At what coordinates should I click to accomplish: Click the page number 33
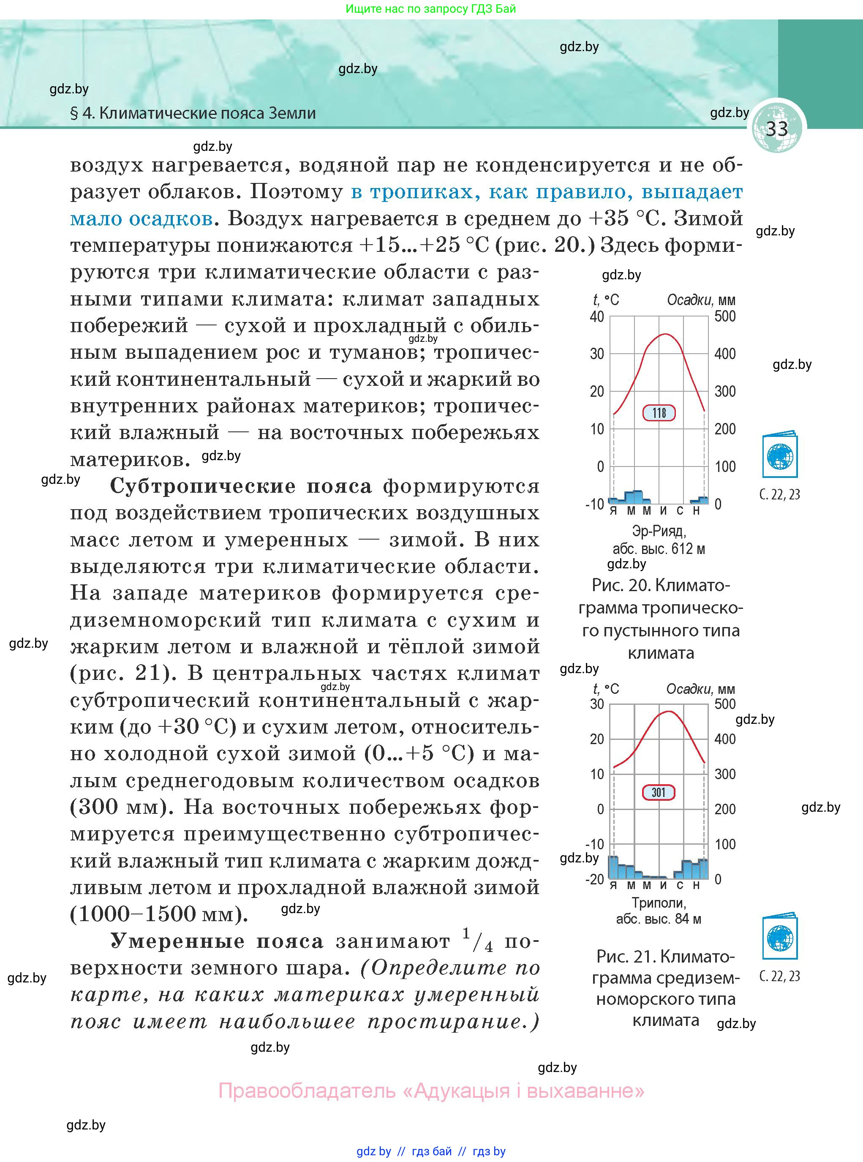tap(776, 128)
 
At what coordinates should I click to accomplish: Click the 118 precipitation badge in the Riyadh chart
tap(659, 413)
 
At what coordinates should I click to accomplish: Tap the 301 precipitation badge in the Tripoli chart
tap(659, 792)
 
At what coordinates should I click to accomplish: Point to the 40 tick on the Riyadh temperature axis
tap(597, 316)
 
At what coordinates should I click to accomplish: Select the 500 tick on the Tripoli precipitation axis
tap(725, 704)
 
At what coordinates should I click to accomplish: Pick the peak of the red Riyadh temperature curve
tap(664, 334)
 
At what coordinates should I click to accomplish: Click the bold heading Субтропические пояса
tap(241, 486)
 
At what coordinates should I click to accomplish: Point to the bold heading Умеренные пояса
tap(217, 941)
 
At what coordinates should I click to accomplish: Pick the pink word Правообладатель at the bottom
tap(307, 1091)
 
